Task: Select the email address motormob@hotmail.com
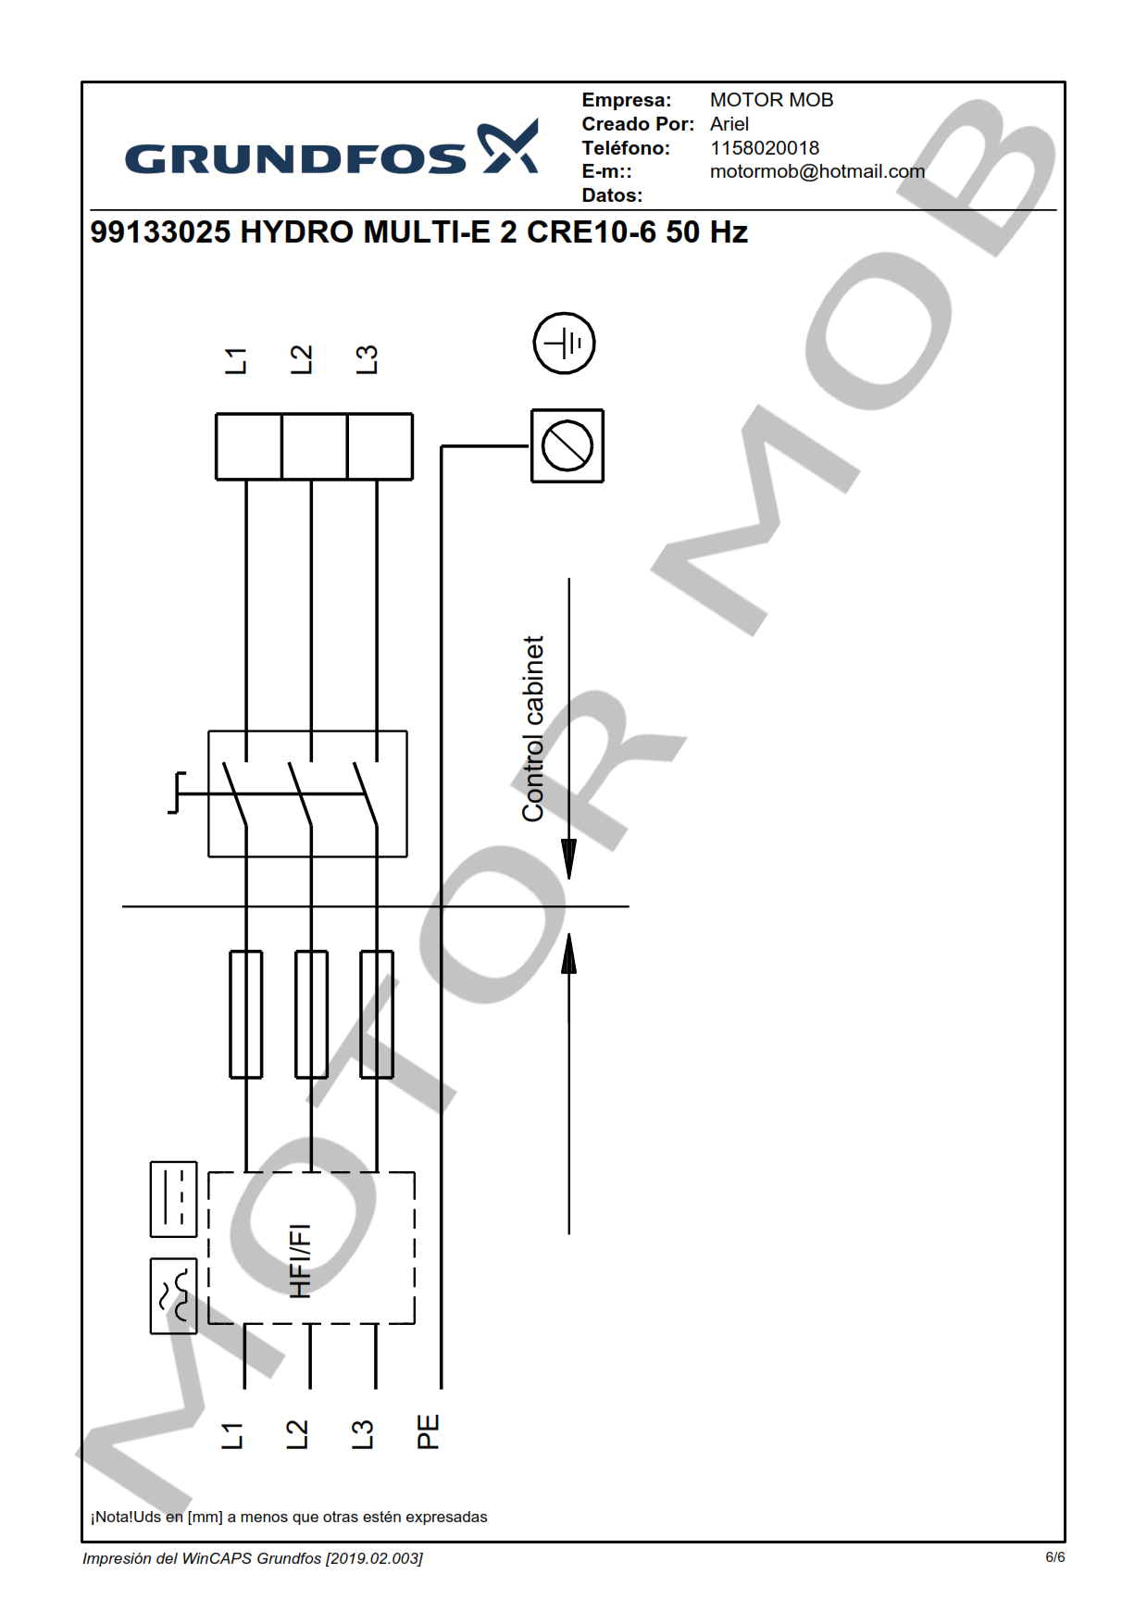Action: point(817,171)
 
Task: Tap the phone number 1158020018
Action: point(765,148)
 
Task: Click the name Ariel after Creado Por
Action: point(729,124)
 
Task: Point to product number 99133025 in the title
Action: point(160,231)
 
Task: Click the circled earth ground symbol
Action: point(564,343)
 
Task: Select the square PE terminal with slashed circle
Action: point(567,445)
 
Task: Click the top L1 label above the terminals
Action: point(236,361)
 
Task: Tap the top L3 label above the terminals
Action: point(367,360)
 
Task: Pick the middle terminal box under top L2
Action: point(314,446)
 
